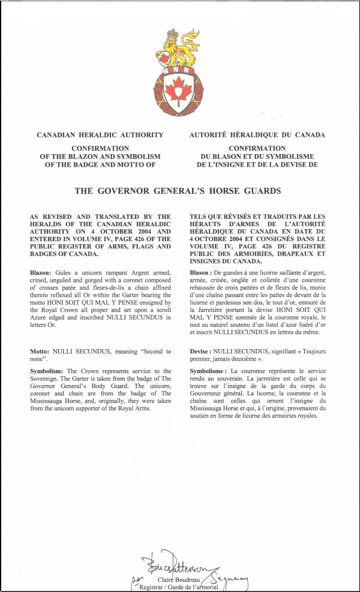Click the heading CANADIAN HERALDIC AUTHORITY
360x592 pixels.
(x=100, y=135)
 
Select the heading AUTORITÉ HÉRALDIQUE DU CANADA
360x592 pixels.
(x=257, y=135)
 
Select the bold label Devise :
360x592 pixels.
(x=202, y=351)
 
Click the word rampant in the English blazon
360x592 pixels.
(x=120, y=273)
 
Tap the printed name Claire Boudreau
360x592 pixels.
(x=178, y=580)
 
